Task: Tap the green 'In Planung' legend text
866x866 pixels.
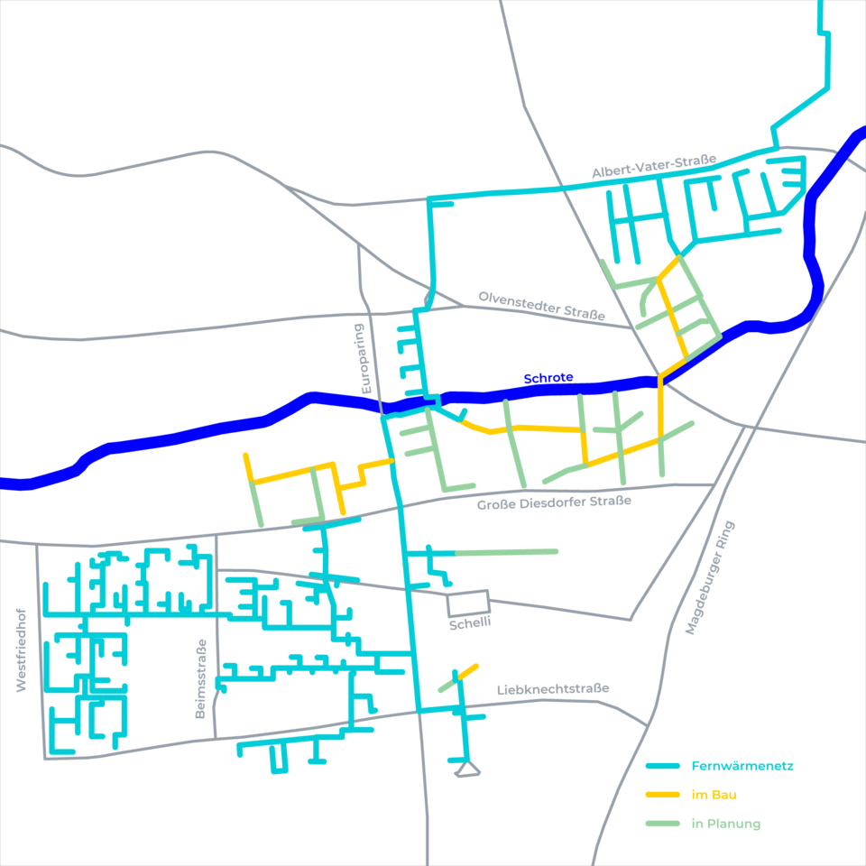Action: pyautogui.click(x=726, y=824)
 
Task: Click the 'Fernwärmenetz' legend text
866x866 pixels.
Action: pyautogui.click(x=742, y=767)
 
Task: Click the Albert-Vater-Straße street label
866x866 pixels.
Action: pyautogui.click(x=654, y=166)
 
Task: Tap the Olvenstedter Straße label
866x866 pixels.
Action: pyautogui.click(x=541, y=305)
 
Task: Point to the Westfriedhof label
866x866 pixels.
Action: pyautogui.click(x=23, y=649)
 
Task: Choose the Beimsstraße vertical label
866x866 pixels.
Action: pyautogui.click(x=201, y=679)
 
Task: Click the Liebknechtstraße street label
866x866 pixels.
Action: pyautogui.click(x=553, y=689)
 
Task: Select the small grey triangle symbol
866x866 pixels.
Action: pyautogui.click(x=466, y=769)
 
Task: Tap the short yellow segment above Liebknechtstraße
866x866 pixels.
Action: pyautogui.click(x=468, y=671)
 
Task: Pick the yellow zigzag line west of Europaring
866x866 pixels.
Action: pyautogui.click(x=320, y=470)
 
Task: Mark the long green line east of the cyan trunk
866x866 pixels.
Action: pyautogui.click(x=505, y=551)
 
